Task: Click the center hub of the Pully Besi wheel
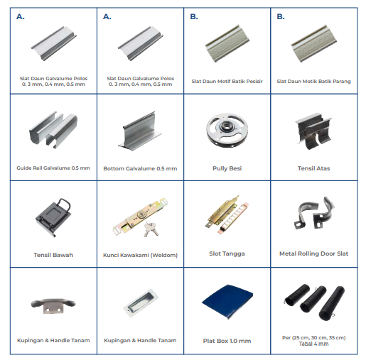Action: pyautogui.click(x=227, y=127)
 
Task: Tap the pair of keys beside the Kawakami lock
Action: pyautogui.click(x=151, y=229)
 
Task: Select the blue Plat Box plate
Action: pyautogui.click(x=227, y=302)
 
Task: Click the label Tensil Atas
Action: pyautogui.click(x=313, y=168)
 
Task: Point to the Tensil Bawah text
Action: pyautogui.click(x=53, y=255)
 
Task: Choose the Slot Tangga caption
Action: pyautogui.click(x=227, y=253)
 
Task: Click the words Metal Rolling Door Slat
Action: pyautogui.click(x=313, y=253)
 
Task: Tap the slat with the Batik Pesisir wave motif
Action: pyautogui.click(x=227, y=43)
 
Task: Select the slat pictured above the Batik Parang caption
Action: pyautogui.click(x=313, y=43)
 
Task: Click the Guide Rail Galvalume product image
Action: pyautogui.click(x=53, y=129)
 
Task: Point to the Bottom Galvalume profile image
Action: pyautogui.click(x=140, y=131)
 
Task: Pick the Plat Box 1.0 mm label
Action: pyautogui.click(x=227, y=341)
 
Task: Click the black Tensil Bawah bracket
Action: pyautogui.click(x=53, y=217)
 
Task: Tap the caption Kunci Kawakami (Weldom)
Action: pyautogui.click(x=140, y=255)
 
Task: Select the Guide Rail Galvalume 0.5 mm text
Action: pyautogui.click(x=53, y=168)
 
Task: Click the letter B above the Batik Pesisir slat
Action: pyautogui.click(x=194, y=16)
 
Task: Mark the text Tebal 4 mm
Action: pyautogui.click(x=313, y=344)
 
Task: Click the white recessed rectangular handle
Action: pyautogui.click(x=141, y=302)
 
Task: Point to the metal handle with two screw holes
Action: pyautogui.click(x=53, y=305)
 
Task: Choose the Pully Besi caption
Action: pyautogui.click(x=227, y=168)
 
